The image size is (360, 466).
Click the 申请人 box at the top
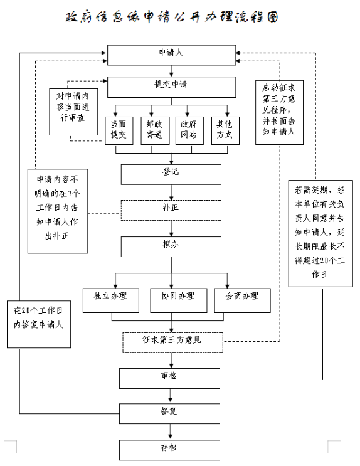tap(171, 55)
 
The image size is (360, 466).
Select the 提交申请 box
tap(171, 87)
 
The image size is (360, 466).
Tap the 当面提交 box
tap(119, 130)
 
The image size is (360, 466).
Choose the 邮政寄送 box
tap(155, 130)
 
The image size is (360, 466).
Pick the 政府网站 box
tap(189, 130)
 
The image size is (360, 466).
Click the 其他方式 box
tap(225, 130)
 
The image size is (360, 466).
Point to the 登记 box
tap(171, 174)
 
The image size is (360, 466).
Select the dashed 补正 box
tap(171, 210)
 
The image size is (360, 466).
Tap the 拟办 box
tap(171, 246)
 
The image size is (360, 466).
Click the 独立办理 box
tap(111, 300)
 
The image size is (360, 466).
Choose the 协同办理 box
tap(179, 300)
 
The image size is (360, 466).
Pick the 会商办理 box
tap(243, 300)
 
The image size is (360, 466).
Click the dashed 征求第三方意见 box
tap(172, 342)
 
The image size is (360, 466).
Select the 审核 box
tap(170, 378)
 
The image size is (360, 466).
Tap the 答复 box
tap(170, 413)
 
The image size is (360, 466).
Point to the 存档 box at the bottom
tap(170, 450)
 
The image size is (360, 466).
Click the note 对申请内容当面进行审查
tap(73, 112)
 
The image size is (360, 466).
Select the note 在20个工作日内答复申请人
tap(39, 324)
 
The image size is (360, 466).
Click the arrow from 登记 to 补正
tap(171, 193)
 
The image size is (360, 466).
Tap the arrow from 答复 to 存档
tap(170, 432)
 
